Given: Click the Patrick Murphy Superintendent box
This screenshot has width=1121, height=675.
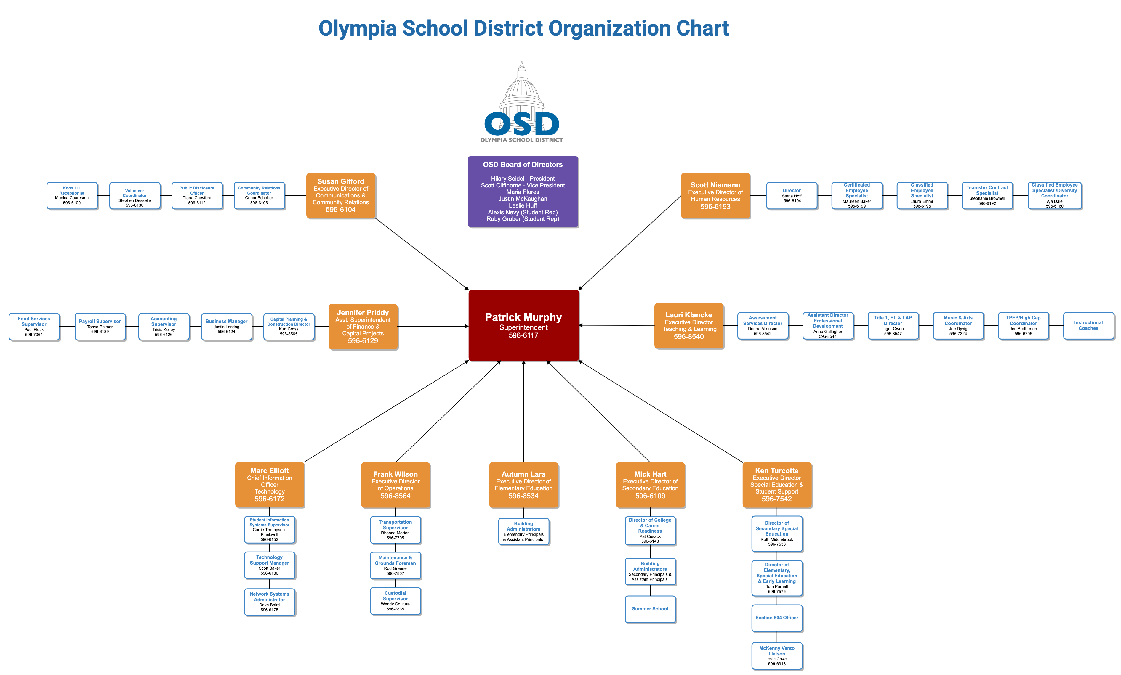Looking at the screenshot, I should [523, 325].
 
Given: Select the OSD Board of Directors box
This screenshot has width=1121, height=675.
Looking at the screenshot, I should [523, 191].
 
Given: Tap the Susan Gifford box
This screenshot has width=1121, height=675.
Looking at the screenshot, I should [341, 195].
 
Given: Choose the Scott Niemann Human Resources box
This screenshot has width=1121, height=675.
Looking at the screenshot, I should [715, 195].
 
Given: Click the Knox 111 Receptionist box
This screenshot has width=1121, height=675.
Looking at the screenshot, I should [72, 195].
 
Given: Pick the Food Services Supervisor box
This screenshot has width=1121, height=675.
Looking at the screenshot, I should [34, 326].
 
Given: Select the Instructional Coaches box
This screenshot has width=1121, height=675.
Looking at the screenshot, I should [1088, 325].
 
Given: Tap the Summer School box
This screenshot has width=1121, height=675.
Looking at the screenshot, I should [650, 609].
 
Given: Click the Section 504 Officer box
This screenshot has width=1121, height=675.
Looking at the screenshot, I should [776, 618].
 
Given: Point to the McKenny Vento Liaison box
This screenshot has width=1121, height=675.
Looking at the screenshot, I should [776, 655].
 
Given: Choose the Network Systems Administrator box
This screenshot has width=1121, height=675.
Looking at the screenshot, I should [269, 602].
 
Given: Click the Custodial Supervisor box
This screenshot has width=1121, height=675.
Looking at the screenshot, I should [395, 601].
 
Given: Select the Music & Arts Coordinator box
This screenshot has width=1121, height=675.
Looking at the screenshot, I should [958, 325].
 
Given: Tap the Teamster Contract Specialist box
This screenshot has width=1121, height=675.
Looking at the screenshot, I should [987, 195].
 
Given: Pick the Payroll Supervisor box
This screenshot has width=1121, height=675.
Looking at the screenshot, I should [100, 326].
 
